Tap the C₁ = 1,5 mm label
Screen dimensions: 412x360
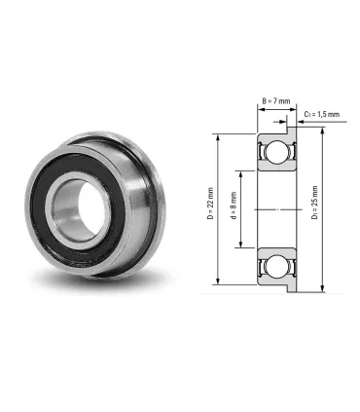321,114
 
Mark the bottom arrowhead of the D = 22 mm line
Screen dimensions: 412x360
220,282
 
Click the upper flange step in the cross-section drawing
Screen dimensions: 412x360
289,127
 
